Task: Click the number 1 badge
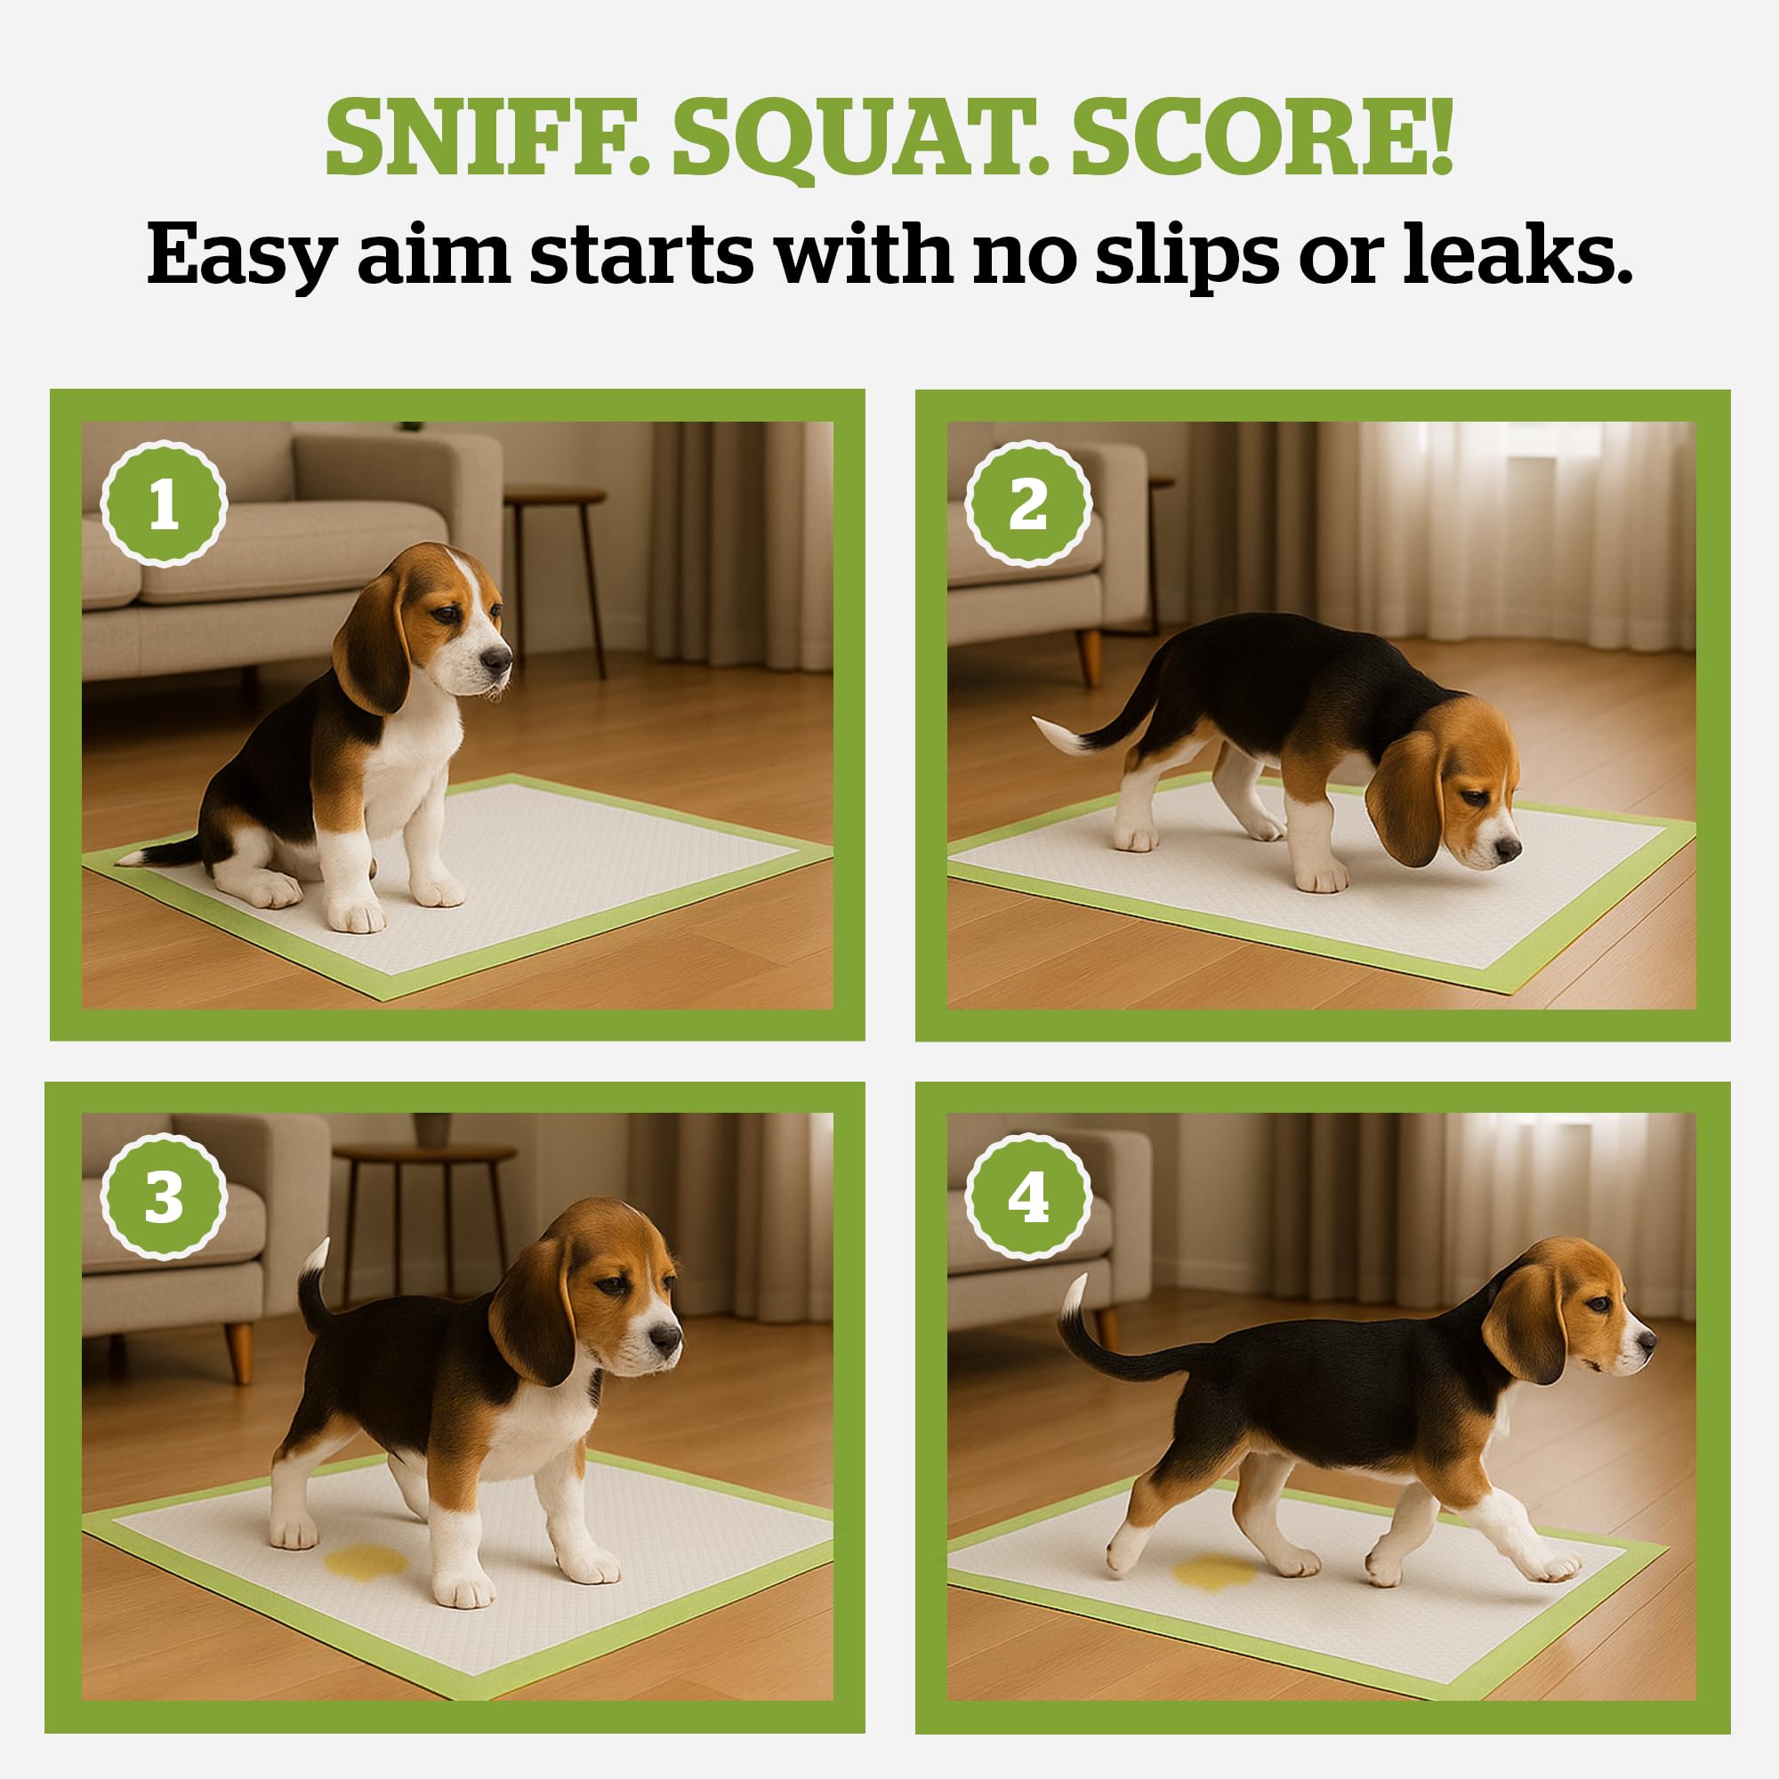pyautogui.click(x=164, y=504)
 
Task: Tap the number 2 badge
pyautogui.click(x=1028, y=504)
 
